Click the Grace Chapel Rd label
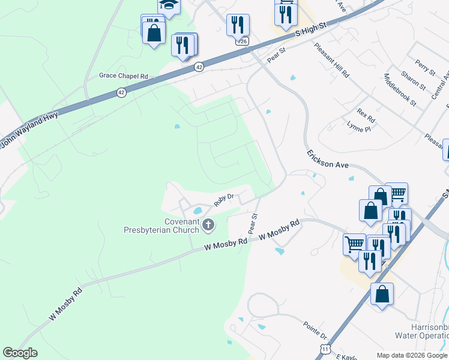(x=123, y=76)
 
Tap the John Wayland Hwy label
(x=30, y=128)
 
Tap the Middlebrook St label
(x=400, y=90)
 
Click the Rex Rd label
(x=365, y=112)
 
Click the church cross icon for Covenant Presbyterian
(x=208, y=225)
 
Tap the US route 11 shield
(x=325, y=348)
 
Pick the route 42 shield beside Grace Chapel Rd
(x=121, y=92)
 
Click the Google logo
(x=20, y=353)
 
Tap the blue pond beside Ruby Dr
(x=196, y=211)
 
